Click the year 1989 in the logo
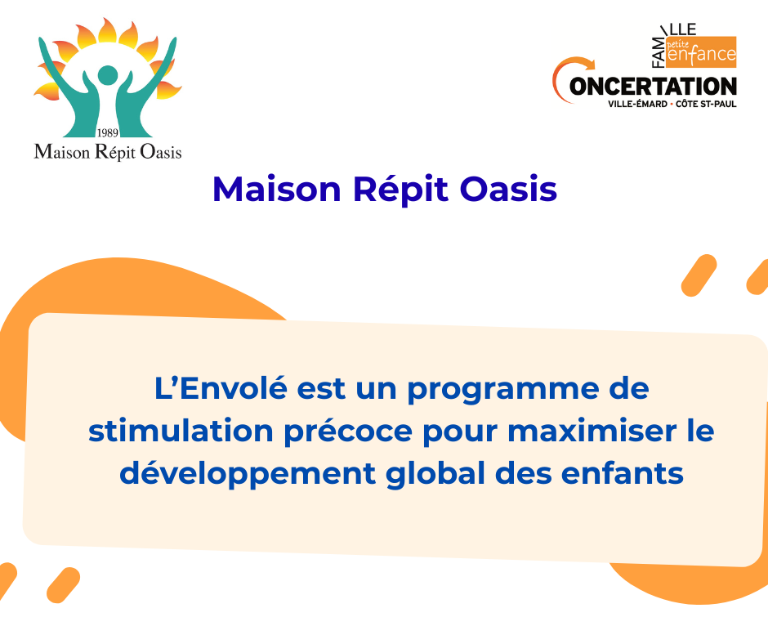(x=107, y=133)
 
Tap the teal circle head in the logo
(x=108, y=75)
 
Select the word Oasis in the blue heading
(x=508, y=189)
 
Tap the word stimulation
(x=181, y=431)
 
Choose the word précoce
(x=349, y=433)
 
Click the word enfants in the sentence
(x=622, y=473)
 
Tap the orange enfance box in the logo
(x=701, y=51)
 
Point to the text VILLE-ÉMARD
(x=637, y=104)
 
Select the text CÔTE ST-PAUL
(x=706, y=104)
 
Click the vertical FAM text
(x=659, y=52)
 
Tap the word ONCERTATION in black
(x=653, y=87)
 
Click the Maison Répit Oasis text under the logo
(x=108, y=152)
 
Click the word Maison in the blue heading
(x=277, y=189)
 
